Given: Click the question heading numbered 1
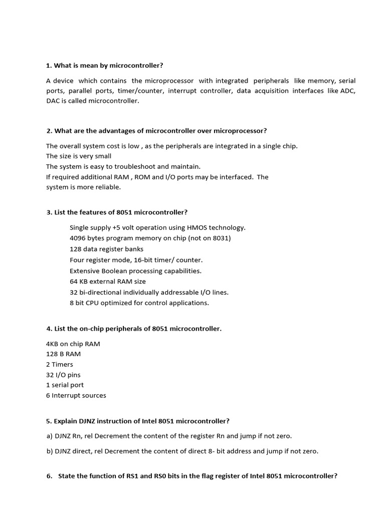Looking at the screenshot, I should (105, 66).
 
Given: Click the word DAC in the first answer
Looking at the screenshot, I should (54, 101).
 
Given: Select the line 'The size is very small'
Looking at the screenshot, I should (79, 156).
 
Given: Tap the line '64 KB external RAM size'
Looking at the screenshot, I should (108, 282).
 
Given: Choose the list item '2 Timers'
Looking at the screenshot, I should (60, 364).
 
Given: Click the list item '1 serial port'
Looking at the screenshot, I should (65, 385).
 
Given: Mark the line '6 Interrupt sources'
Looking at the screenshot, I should (76, 395).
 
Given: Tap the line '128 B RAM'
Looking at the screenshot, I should (63, 354).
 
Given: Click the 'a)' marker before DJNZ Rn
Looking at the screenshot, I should (50, 436).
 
